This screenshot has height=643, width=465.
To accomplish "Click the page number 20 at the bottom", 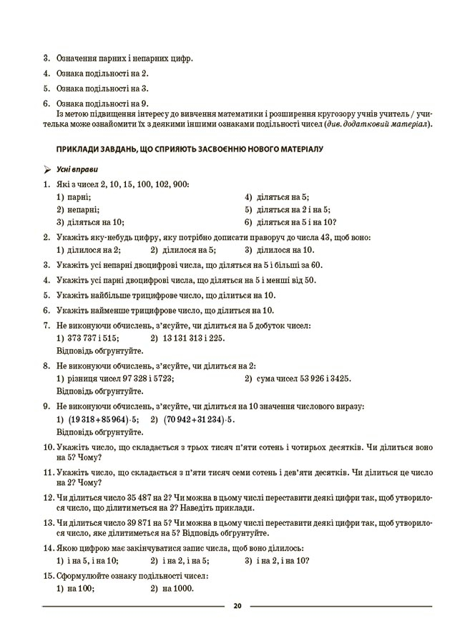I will pos(237,607).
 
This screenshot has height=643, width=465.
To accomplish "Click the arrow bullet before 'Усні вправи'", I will pos(47,170).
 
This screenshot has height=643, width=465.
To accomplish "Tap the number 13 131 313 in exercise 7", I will pos(184,338).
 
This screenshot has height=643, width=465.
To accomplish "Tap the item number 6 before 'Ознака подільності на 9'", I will pos(46,104).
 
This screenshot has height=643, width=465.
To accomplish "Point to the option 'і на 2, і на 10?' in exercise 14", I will pos(281,561).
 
